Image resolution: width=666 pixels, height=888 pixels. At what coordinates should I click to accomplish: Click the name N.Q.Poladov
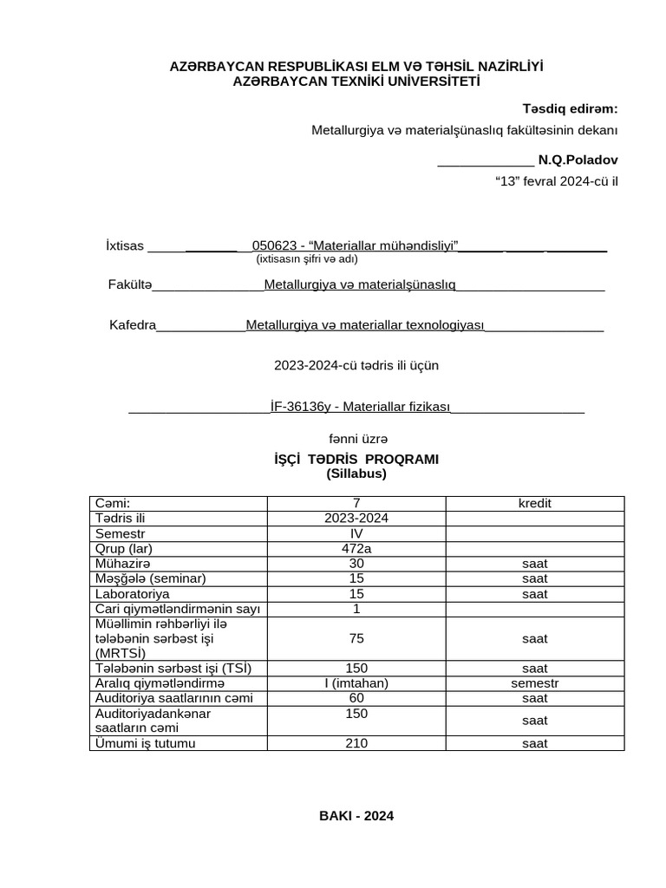coord(578,160)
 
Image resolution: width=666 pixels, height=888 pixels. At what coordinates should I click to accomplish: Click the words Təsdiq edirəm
coord(570,108)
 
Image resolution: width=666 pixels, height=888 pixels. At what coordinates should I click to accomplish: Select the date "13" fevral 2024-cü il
coord(556,181)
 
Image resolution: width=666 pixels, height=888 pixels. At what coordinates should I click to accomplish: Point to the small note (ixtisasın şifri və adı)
coord(306,258)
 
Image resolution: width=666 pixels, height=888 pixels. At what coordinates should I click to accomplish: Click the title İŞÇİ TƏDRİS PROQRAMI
coord(356,459)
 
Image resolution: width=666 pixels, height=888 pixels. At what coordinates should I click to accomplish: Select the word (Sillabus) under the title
coord(356,473)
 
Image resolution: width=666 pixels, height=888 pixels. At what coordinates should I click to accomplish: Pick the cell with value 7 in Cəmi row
coord(356,504)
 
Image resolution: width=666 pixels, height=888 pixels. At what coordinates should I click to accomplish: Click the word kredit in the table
coord(534,504)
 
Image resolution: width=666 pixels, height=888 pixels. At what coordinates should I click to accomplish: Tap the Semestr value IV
coord(356,533)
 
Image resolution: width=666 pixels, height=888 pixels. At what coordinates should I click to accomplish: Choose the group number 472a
coord(356,548)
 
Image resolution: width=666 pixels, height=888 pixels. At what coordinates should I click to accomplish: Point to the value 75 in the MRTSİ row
coord(356,638)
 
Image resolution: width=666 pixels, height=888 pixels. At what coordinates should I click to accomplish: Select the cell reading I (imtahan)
coord(356,683)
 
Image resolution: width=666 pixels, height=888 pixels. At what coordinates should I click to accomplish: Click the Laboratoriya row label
coord(133,594)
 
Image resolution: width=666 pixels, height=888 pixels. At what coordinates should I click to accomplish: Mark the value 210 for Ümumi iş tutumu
coord(356,743)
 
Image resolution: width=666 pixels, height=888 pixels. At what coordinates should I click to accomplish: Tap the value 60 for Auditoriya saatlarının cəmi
coord(356,698)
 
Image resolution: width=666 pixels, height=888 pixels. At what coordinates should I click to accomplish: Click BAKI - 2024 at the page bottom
coord(356,816)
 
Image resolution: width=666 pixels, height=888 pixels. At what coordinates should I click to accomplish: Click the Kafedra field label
coord(132,325)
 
